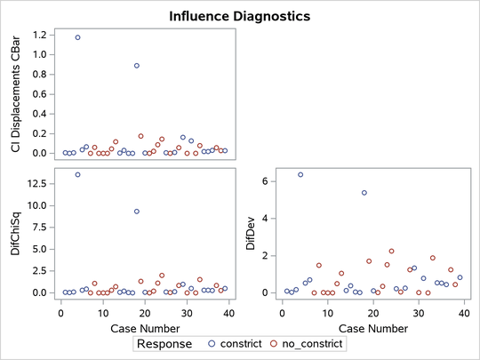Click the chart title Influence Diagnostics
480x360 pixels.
239,16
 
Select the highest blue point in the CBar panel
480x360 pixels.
77,37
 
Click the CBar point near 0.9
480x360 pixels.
136,65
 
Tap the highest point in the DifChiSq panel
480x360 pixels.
77,174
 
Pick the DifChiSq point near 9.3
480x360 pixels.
136,212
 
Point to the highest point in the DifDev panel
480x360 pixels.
300,174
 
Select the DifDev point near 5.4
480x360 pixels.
364,193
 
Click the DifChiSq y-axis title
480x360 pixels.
16,236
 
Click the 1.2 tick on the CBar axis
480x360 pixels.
39,35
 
